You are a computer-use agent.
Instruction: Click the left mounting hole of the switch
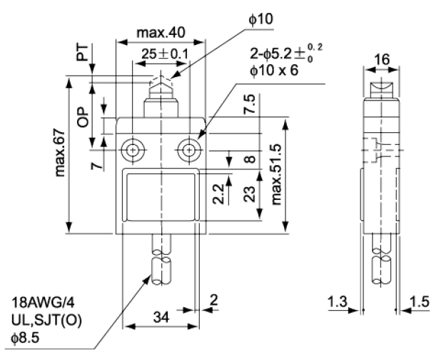[133, 151]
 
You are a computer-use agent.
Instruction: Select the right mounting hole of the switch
[188, 151]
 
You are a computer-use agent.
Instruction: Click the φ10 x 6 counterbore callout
[276, 71]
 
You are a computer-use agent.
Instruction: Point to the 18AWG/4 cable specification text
[42, 302]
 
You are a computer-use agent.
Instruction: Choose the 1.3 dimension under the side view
[338, 303]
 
